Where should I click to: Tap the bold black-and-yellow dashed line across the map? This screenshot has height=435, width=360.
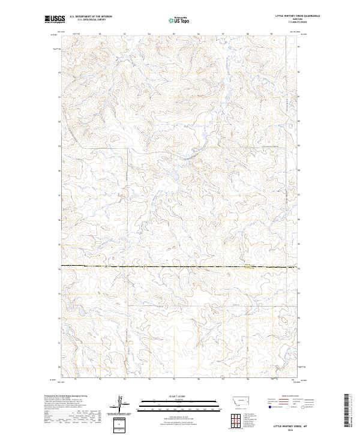180,265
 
